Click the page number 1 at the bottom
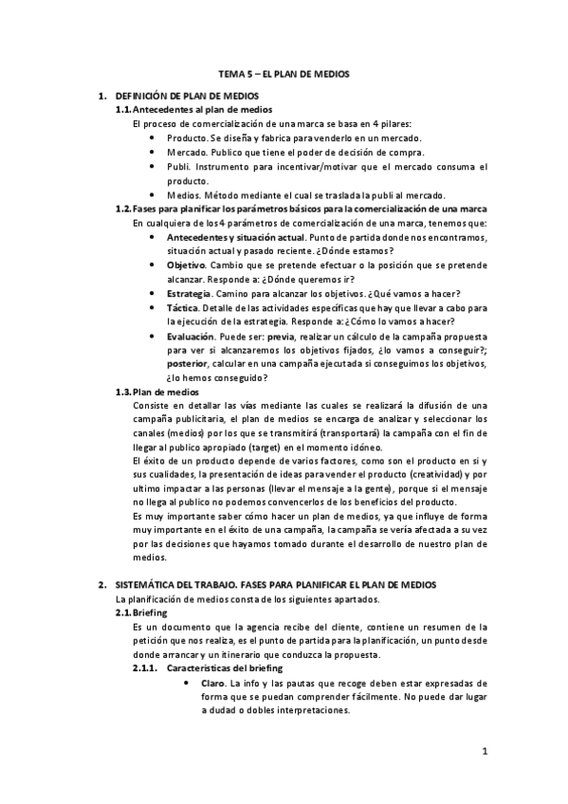(x=484, y=752)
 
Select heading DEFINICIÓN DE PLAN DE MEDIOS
(x=187, y=98)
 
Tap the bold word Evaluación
(x=191, y=336)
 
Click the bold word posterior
(x=189, y=364)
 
